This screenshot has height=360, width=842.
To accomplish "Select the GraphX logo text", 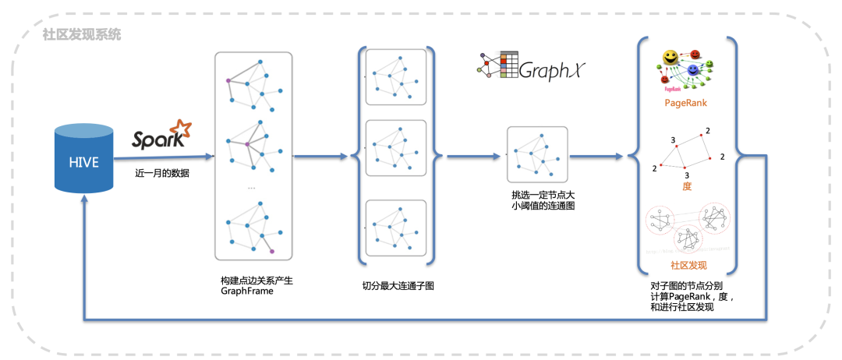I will pyautogui.click(x=550, y=72).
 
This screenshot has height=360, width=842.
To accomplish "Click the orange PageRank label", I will pyautogui.click(x=686, y=103).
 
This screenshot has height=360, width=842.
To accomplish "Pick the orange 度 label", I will pyautogui.click(x=687, y=186).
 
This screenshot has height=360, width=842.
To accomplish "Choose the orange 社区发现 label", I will pyautogui.click(x=685, y=265).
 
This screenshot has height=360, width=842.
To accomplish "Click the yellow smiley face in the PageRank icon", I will pyautogui.click(x=669, y=58).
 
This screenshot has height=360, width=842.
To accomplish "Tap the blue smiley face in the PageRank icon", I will pyautogui.click(x=692, y=72).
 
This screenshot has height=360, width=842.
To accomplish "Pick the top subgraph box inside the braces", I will pyautogui.click(x=396, y=76).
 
